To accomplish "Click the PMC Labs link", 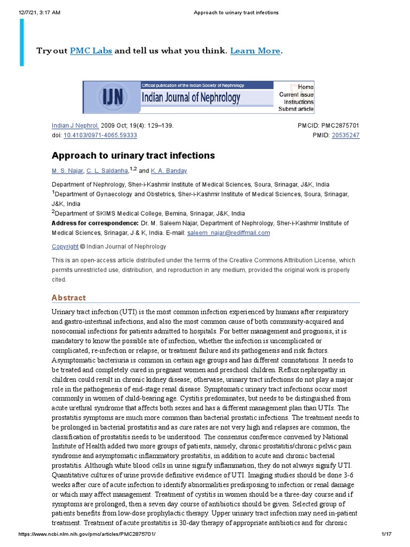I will click(91, 51).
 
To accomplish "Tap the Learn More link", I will click(255, 51).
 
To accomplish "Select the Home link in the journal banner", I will click(305, 87).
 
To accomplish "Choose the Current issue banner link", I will click(296, 95).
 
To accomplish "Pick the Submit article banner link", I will click(296, 109).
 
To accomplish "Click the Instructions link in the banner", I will click(298, 101).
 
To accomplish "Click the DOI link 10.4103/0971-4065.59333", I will click(100, 136).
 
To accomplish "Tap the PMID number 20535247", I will click(345, 136).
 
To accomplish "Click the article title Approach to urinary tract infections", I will click(133, 155).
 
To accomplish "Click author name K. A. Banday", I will click(169, 171).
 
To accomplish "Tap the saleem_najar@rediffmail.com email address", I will click(228, 233).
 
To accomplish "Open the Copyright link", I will click(65, 247).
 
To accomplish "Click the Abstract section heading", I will click(68, 298).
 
